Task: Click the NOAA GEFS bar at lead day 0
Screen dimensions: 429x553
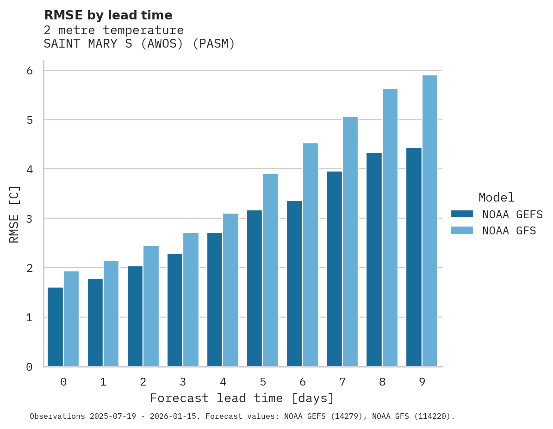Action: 56,327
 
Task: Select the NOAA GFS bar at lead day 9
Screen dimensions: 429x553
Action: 430,221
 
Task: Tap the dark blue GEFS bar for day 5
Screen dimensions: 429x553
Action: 255,288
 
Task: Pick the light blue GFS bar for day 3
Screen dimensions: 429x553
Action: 191,300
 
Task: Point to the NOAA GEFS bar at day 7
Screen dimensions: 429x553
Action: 334,269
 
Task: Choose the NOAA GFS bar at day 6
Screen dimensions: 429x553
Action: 311,255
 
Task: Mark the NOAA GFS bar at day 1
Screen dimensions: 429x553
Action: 111,313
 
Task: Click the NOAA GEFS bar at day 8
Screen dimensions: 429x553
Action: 374,260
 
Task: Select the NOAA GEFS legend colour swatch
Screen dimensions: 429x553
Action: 462,214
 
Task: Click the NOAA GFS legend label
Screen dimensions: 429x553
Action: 509,231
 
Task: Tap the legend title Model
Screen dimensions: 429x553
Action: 496,197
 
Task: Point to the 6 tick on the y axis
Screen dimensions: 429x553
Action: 29,70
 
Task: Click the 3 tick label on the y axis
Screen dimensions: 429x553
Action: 29,219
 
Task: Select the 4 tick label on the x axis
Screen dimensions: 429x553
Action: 223,382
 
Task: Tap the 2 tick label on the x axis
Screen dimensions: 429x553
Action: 143,382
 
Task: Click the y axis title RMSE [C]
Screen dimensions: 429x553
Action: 14,214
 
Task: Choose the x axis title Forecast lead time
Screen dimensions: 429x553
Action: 242,398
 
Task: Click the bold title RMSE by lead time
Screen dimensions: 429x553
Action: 108,15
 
